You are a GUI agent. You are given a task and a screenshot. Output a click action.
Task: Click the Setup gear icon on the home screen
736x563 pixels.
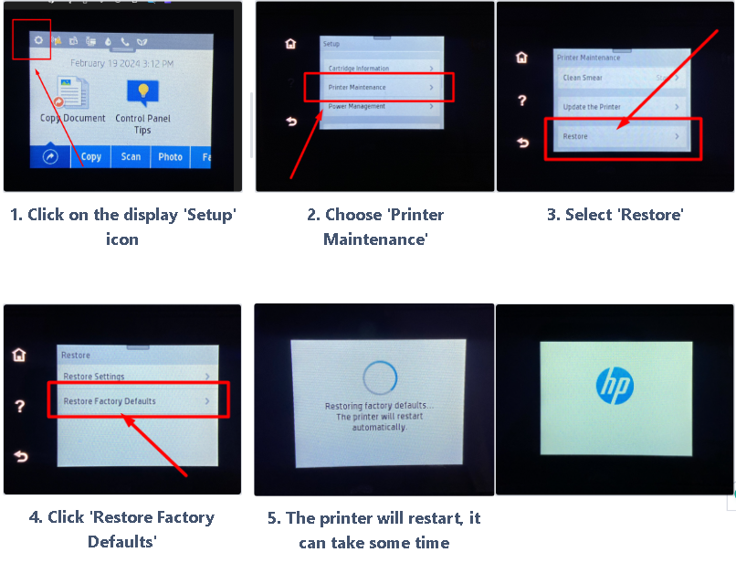[37, 41]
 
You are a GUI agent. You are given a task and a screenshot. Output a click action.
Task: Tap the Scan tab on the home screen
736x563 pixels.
[131, 157]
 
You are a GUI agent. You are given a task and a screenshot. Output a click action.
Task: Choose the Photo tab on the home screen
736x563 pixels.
[171, 157]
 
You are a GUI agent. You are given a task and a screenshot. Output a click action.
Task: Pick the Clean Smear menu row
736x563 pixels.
[620, 79]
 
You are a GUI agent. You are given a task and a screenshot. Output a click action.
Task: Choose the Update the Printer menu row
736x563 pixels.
[620, 107]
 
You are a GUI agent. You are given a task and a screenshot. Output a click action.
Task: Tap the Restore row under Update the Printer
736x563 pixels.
[620, 136]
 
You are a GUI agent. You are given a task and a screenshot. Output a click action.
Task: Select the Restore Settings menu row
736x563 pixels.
[137, 377]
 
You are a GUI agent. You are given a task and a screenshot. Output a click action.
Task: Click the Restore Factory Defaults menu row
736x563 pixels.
[137, 401]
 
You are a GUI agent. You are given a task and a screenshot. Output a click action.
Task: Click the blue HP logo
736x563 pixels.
[615, 387]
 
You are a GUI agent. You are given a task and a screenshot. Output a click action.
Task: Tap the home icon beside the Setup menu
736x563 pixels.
[291, 43]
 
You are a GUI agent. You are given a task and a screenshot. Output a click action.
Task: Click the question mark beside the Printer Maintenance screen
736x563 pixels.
[522, 100]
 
